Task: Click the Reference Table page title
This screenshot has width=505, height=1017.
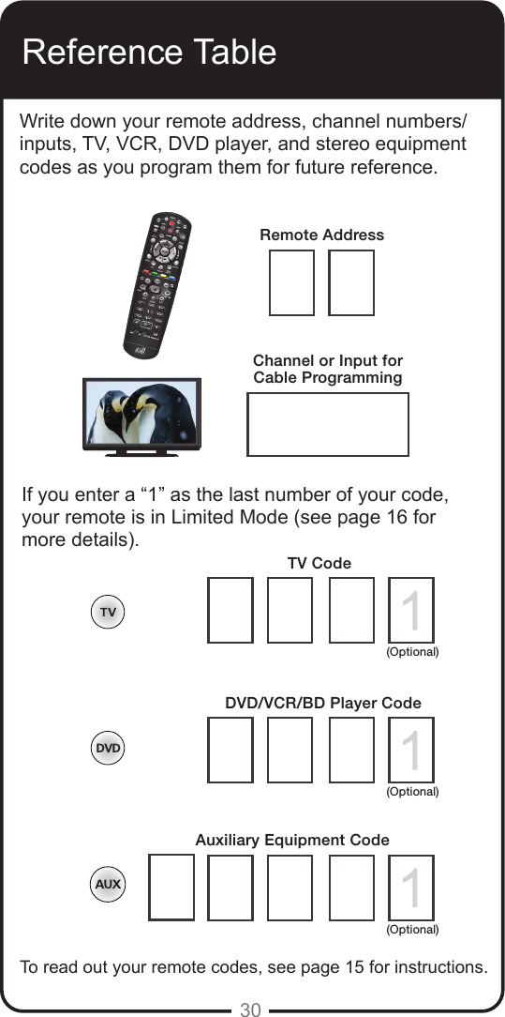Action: pos(149,52)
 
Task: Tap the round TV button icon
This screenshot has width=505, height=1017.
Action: pos(109,612)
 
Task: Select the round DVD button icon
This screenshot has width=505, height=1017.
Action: pos(109,749)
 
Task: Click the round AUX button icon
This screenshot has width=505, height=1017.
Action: pos(108,885)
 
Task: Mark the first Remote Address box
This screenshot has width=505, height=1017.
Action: pos(291,282)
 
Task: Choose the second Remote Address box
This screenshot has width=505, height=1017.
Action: pos(351,282)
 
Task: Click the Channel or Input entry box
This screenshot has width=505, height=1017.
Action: pos(328,424)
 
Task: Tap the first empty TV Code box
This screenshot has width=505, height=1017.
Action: pos(230,610)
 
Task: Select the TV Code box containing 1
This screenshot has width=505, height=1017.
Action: pos(410,610)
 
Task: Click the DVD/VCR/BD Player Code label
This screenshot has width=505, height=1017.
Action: pos(323,703)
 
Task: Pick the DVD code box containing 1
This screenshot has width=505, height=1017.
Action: pos(410,750)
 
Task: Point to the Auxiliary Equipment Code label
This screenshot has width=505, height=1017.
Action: pos(292,841)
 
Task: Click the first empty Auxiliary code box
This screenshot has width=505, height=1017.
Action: pos(171,887)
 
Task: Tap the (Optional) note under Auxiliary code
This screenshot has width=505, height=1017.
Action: pos(413,930)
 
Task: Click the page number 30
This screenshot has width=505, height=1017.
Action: pos(250,1009)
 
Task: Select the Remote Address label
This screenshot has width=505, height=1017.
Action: pos(321,235)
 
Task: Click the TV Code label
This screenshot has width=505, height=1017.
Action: pos(319,563)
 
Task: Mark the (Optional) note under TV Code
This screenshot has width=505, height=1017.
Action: pos(413,651)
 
